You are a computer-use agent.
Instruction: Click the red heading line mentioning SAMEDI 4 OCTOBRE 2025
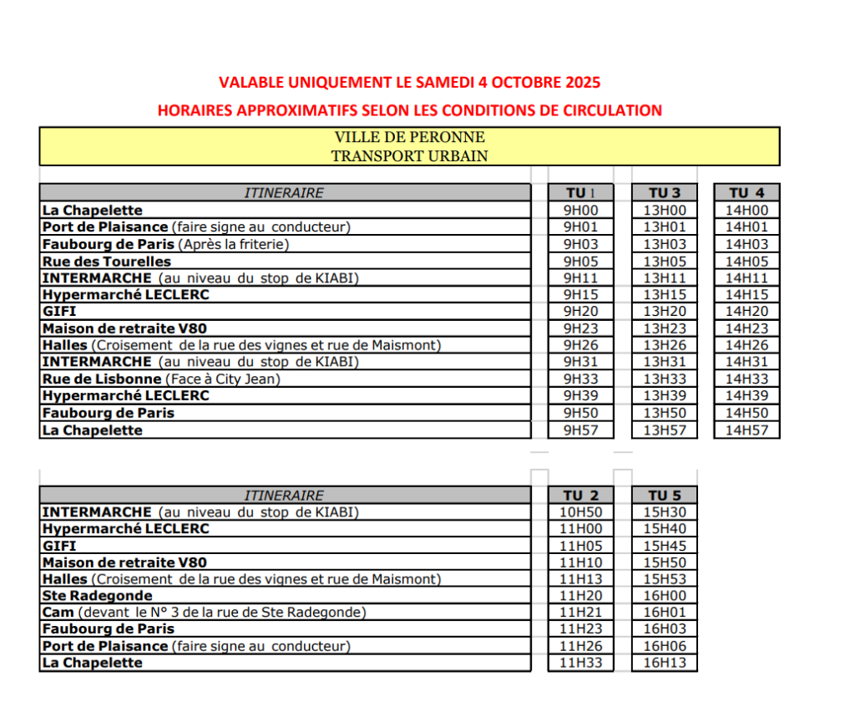click(x=409, y=82)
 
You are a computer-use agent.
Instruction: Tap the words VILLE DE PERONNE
click(x=409, y=137)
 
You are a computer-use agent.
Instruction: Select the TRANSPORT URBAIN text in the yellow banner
click(x=409, y=155)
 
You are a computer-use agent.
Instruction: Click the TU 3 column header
click(x=664, y=193)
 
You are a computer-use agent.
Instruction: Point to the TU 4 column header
click(x=746, y=193)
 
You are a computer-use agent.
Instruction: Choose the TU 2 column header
click(x=580, y=496)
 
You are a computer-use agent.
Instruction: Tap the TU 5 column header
click(x=664, y=496)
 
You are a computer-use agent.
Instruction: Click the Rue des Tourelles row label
click(x=106, y=262)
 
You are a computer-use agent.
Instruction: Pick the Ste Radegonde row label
click(x=97, y=596)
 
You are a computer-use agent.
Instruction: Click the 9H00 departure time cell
click(x=580, y=211)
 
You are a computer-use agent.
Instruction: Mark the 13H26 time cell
click(x=664, y=345)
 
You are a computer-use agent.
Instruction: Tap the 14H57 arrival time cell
click(x=746, y=430)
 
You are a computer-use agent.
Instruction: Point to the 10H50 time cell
click(x=580, y=512)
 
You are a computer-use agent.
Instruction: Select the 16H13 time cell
click(x=664, y=664)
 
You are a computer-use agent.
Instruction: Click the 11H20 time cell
click(x=580, y=596)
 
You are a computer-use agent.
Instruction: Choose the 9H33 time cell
click(x=580, y=379)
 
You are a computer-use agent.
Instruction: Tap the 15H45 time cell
click(x=664, y=546)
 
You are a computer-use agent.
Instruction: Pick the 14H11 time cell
click(x=746, y=278)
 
